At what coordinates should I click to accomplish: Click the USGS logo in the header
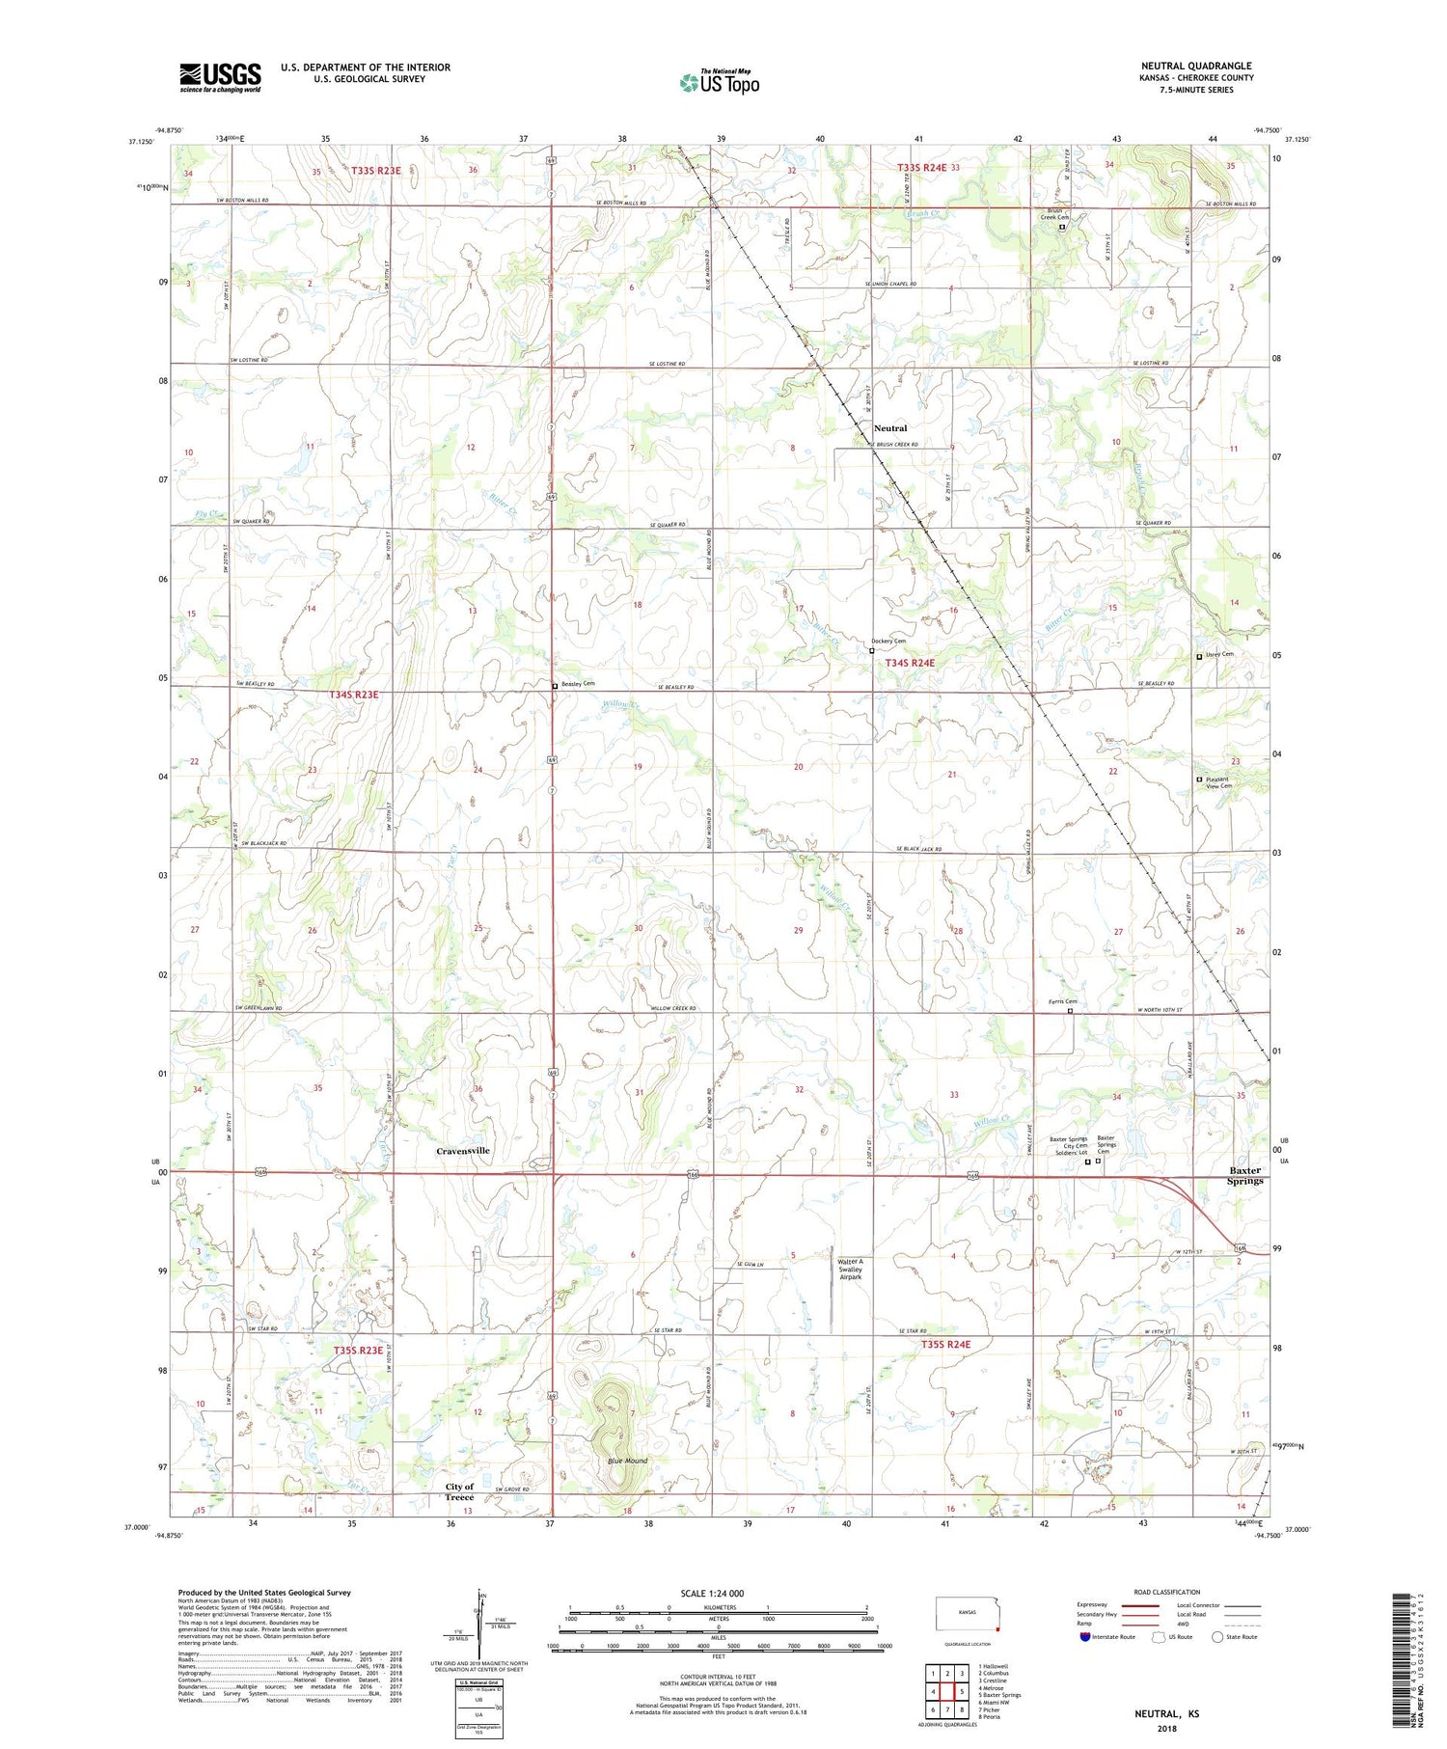click(x=220, y=77)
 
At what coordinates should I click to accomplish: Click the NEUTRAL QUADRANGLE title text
click(x=1196, y=66)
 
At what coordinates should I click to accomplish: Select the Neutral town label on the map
click(x=890, y=427)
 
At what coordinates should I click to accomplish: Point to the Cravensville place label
click(x=463, y=1151)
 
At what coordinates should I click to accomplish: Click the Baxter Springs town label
click(x=1244, y=1175)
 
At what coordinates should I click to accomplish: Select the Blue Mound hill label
click(x=627, y=1461)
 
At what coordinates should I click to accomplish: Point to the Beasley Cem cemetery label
click(x=578, y=684)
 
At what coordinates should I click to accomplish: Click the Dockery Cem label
click(x=888, y=642)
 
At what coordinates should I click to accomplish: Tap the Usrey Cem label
click(x=1219, y=654)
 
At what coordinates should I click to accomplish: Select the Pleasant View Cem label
click(x=1218, y=782)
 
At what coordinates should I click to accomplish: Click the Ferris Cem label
click(x=1062, y=1001)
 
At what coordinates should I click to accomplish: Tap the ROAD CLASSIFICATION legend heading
click(x=1167, y=1592)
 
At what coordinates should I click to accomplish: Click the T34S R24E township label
click(x=910, y=663)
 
